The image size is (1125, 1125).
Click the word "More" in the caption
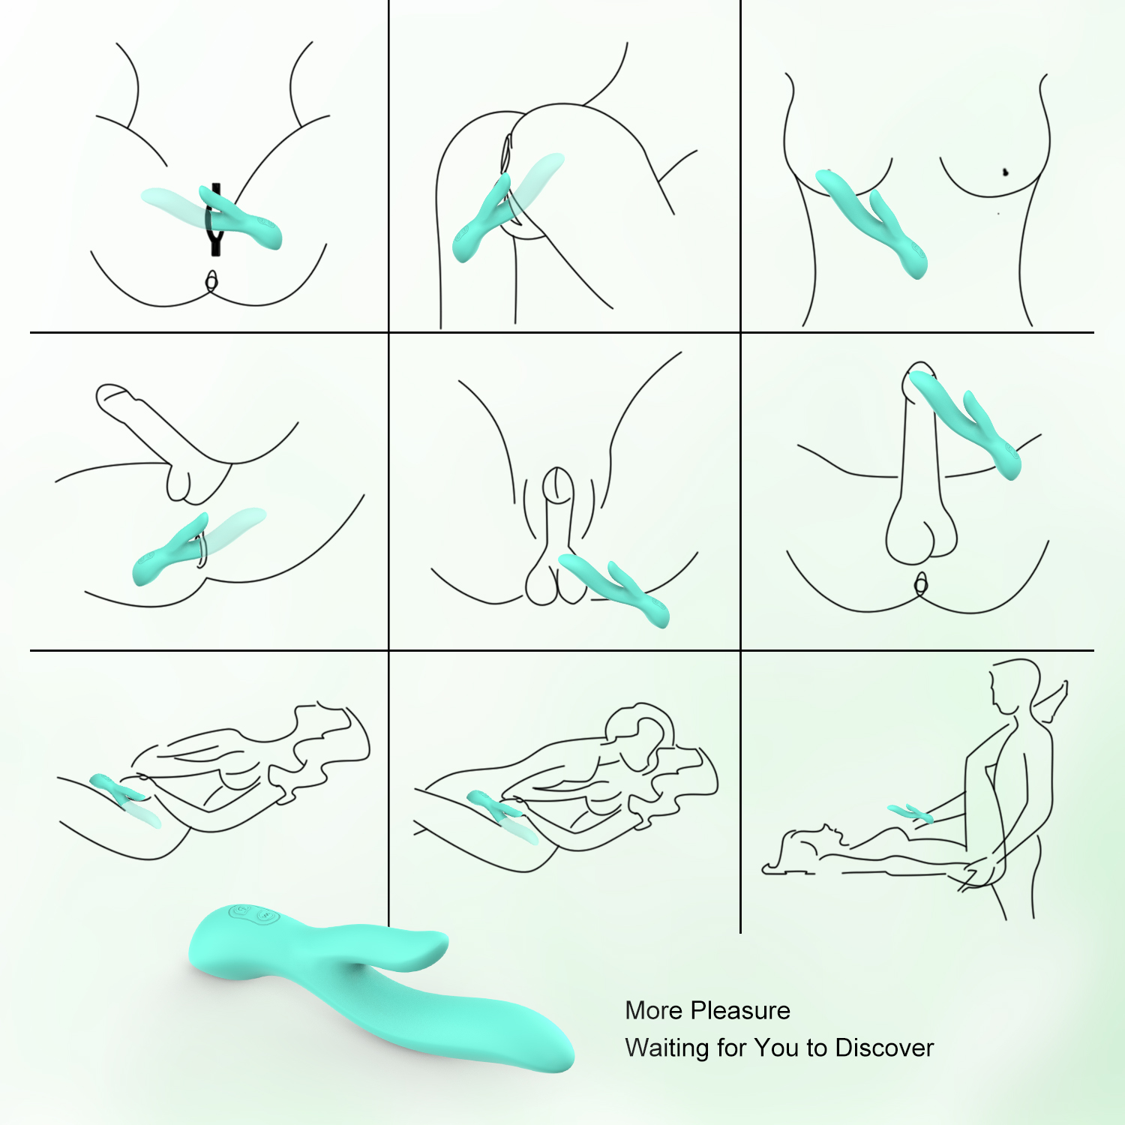(x=652, y=1011)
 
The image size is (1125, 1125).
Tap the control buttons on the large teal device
(x=253, y=913)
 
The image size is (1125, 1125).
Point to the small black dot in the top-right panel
(x=1006, y=172)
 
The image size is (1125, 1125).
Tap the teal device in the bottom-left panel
(x=118, y=787)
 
